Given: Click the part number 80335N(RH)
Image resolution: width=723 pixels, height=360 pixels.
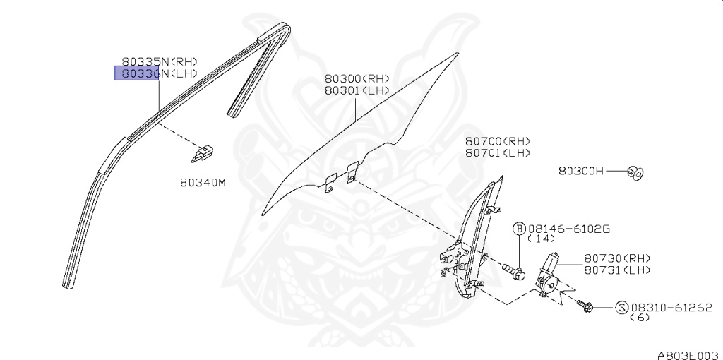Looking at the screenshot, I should (x=159, y=62).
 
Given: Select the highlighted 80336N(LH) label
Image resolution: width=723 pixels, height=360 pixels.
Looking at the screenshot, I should (x=159, y=73).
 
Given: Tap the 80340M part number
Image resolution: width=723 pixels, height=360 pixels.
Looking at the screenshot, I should (x=202, y=182).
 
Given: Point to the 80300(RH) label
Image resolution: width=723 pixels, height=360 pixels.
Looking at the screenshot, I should (x=357, y=79).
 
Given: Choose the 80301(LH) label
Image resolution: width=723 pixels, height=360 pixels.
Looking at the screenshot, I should (x=357, y=90).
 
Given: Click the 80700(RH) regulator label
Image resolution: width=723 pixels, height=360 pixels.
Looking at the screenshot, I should (x=497, y=142).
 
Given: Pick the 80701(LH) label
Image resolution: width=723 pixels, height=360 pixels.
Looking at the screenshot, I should (x=497, y=153).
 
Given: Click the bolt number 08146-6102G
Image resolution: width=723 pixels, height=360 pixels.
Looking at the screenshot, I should (x=570, y=229).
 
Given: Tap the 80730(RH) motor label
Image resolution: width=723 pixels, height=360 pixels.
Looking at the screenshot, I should (x=617, y=258).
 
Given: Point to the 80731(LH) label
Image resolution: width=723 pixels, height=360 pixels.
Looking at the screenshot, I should (x=617, y=270).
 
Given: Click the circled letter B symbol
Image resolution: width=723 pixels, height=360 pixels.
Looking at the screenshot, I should (x=519, y=229).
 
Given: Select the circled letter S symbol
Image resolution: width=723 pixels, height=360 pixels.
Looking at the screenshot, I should (x=621, y=307).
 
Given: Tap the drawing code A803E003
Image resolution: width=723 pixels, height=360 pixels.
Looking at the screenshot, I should (x=688, y=350).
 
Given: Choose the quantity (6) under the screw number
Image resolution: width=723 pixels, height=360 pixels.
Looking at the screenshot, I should (x=640, y=318).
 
